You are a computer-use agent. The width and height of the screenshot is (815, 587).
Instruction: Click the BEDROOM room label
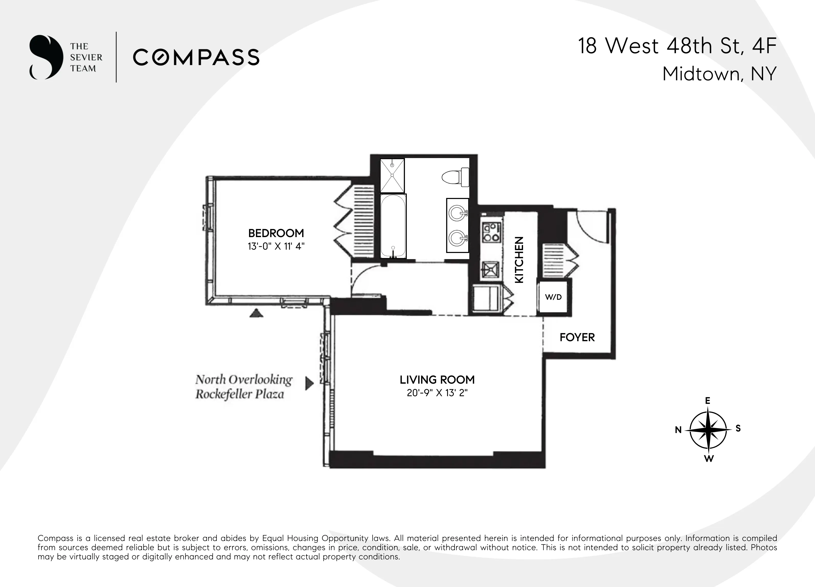coord(276,233)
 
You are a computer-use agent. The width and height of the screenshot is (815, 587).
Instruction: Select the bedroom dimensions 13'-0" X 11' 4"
coord(276,246)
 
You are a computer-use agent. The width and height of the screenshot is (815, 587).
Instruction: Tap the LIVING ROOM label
coord(437,380)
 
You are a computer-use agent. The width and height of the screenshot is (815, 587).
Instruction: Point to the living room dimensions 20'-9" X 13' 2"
coord(437,393)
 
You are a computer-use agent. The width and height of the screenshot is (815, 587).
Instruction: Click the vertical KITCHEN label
coord(519,260)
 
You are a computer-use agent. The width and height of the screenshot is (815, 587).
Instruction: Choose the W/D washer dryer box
coord(553,297)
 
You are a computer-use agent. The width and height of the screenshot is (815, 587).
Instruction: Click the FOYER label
coord(577,337)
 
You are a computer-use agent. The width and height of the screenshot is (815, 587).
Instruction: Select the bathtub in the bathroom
coord(393,226)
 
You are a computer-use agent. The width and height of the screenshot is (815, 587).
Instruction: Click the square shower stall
coord(392,175)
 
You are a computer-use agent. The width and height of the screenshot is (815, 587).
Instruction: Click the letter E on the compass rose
coord(708,401)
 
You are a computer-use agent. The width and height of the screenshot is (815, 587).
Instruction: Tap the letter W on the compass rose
coord(709,459)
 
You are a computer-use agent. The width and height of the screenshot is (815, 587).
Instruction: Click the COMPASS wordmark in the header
coord(196,57)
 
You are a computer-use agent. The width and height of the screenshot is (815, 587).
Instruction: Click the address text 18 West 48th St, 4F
coord(677,46)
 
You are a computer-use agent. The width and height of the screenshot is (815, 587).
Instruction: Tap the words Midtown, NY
coord(719,74)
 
